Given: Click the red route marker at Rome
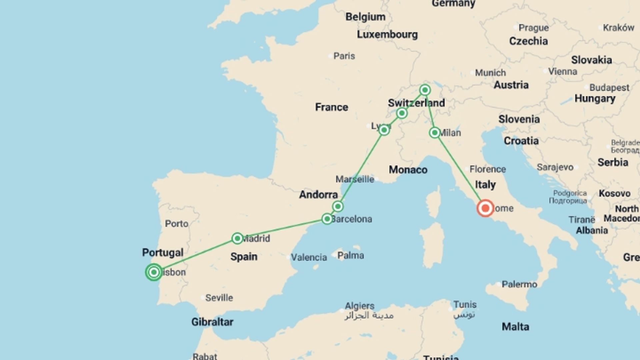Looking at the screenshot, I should point(485,208).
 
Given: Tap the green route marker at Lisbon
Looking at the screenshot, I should point(154,272).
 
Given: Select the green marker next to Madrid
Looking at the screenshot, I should point(237,238).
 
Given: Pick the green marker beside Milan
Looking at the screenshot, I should point(435,133).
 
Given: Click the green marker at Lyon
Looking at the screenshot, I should point(384,130).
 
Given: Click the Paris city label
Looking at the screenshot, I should point(344,56).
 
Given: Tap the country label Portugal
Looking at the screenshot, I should point(163,252).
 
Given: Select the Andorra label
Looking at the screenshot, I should point(318,194).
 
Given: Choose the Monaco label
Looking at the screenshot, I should point(408,170).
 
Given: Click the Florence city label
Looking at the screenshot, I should point(487,169).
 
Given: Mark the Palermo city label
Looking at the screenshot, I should point(519,284).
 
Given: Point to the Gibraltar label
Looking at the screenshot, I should point(212,322).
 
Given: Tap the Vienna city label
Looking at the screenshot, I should point(562,71).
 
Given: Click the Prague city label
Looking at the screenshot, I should point(533,28).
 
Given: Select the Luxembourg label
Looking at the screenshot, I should point(387,34).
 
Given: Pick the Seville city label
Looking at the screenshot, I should point(219,298).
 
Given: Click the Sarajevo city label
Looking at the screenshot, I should point(555,167).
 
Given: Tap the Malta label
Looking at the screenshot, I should point(515,326).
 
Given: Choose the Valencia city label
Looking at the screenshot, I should point(309,257).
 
